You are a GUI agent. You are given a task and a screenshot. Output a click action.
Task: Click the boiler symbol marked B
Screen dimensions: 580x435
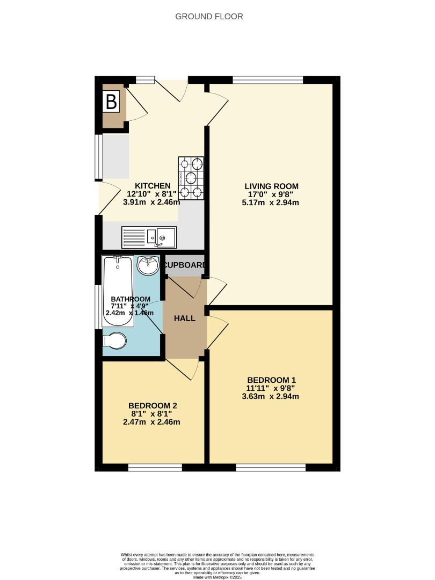(x=111, y=102)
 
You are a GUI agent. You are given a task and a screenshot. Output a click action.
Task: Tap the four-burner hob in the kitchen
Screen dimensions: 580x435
(x=191, y=178)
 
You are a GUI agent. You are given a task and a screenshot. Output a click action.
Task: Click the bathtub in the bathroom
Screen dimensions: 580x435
(x=118, y=291)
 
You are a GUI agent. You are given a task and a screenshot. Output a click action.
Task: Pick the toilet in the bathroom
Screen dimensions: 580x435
(x=115, y=340)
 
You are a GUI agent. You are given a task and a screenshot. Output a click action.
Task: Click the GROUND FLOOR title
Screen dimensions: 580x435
(x=209, y=17)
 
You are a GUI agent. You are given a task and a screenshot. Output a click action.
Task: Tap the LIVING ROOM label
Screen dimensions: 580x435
(x=270, y=186)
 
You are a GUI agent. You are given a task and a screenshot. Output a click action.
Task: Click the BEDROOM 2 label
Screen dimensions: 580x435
(x=153, y=405)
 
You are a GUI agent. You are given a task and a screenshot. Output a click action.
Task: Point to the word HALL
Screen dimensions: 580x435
(x=184, y=318)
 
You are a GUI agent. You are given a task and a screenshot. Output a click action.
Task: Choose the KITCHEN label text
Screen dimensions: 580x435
(x=153, y=186)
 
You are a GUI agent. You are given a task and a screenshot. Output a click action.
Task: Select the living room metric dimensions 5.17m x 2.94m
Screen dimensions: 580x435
(x=270, y=202)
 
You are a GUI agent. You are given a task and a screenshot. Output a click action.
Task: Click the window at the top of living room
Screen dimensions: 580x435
(x=267, y=80)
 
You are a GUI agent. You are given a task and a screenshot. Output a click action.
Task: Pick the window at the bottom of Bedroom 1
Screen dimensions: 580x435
(x=271, y=467)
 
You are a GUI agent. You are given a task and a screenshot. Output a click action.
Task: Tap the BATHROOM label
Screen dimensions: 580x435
(x=130, y=299)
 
